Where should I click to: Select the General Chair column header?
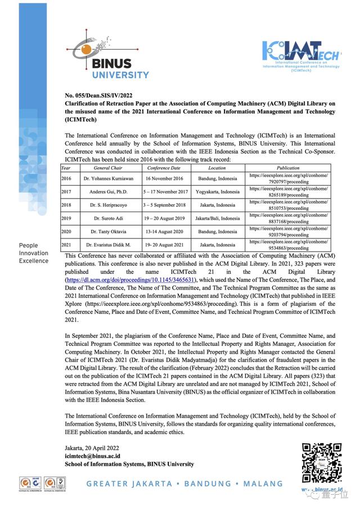coord(108,168)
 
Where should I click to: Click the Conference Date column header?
coord(164,168)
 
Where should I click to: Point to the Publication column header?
coord(288,168)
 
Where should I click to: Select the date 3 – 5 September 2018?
coord(164,205)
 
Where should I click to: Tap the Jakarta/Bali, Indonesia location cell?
coord(217,218)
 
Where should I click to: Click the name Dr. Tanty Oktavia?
coord(108,232)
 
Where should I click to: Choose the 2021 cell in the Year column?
coord(66,245)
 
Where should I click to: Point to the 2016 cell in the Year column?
coord(66,178)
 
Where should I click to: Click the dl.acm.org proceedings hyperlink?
coord(130,279)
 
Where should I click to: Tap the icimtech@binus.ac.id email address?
coord(93,456)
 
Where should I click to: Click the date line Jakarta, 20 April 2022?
coord(94,448)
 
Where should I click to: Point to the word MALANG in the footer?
coord(263,484)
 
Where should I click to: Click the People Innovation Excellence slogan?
coord(34,253)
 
